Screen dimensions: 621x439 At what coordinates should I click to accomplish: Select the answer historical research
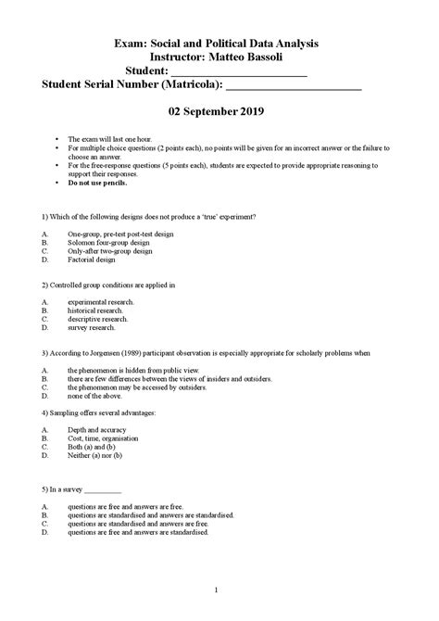coord(96,310)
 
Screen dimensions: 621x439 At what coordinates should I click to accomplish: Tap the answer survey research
coord(92,327)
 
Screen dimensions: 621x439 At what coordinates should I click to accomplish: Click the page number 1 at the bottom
coord(216,589)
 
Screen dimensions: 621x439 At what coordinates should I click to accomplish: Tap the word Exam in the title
coord(129,43)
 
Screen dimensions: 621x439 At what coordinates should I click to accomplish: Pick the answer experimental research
coord(101,302)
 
